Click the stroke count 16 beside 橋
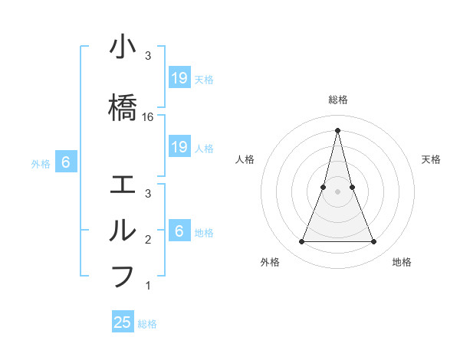click(x=148, y=117)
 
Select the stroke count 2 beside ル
click(x=148, y=240)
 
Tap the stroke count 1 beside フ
click(x=148, y=286)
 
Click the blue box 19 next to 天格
click(x=179, y=78)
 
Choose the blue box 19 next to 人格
click(x=179, y=147)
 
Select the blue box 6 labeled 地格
click(x=179, y=231)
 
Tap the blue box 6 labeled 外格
click(x=67, y=162)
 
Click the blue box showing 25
click(x=123, y=322)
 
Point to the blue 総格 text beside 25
click(x=147, y=324)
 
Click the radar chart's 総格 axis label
click(x=338, y=100)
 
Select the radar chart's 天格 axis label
click(x=431, y=159)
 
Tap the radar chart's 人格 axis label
click(x=245, y=159)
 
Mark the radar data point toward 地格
click(x=374, y=242)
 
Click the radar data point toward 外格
click(x=301, y=242)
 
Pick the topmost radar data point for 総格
click(x=338, y=130)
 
